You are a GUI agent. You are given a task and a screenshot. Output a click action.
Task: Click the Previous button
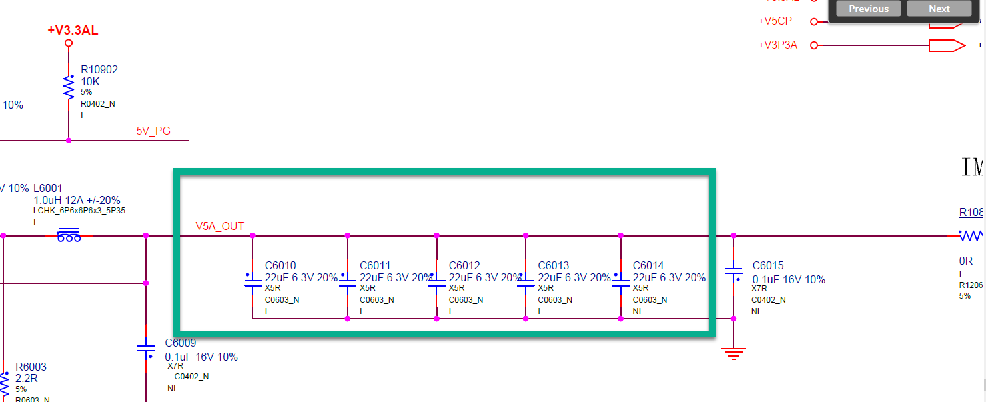pyautogui.click(x=868, y=9)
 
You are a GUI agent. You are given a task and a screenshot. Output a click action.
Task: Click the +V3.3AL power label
pyautogui.click(x=73, y=31)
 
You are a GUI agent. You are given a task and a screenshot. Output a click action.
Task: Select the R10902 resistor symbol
pyautogui.click(x=68, y=87)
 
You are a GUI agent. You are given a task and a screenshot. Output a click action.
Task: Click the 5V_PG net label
pyautogui.click(x=153, y=131)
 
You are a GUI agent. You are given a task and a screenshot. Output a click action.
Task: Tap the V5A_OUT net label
pyautogui.click(x=219, y=226)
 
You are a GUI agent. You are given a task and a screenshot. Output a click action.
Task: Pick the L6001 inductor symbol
pyautogui.click(x=69, y=235)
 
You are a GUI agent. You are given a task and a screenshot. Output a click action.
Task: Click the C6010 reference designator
pyautogui.click(x=280, y=266)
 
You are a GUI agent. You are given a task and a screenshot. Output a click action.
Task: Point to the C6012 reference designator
pyautogui.click(x=464, y=266)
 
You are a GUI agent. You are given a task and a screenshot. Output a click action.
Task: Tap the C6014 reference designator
pyautogui.click(x=648, y=266)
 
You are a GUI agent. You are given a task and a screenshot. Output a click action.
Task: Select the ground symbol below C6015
pyautogui.click(x=734, y=353)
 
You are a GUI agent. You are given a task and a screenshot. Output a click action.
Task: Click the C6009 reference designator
pyautogui.click(x=181, y=343)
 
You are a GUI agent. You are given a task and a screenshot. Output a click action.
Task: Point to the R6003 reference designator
pyautogui.click(x=31, y=367)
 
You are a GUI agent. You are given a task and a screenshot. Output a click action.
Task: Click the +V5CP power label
pyautogui.click(x=775, y=21)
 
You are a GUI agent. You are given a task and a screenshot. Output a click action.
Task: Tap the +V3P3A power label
pyautogui.click(x=777, y=45)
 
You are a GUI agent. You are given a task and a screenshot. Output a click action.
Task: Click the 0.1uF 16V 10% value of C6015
pyautogui.click(x=789, y=279)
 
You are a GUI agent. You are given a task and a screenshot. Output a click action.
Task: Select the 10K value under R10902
pyautogui.click(x=90, y=81)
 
